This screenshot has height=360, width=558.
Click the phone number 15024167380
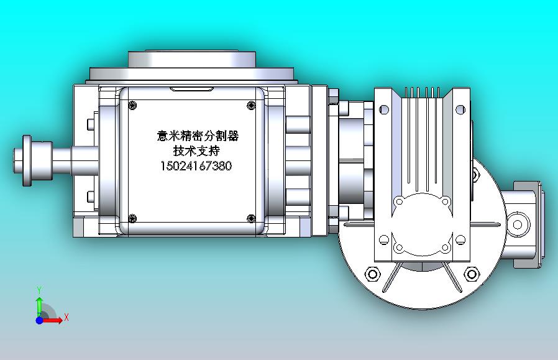point(196,166)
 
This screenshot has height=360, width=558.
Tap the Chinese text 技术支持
point(196,151)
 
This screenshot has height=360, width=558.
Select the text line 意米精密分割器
point(197,136)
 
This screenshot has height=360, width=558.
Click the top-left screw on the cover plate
point(132,105)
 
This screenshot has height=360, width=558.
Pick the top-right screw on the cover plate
point(252,105)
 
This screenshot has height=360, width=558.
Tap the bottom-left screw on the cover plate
point(132,218)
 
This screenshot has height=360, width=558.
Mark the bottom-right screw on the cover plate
point(252,218)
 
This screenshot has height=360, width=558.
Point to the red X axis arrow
point(53,320)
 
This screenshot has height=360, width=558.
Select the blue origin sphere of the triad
point(39,320)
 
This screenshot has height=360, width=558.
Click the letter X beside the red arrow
point(66,317)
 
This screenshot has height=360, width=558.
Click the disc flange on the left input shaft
point(27,160)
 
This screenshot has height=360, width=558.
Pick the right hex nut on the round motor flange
point(471,274)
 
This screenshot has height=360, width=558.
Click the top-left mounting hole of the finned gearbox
point(383,110)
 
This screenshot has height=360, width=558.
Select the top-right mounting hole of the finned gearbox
point(460,110)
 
